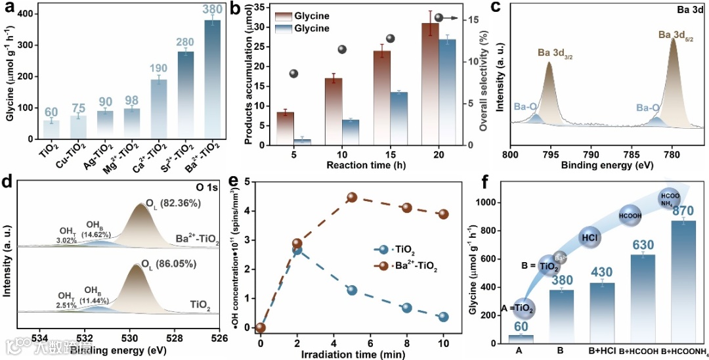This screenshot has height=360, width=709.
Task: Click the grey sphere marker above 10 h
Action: click(x=342, y=49)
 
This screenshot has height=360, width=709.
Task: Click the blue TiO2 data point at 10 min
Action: click(x=444, y=317)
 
